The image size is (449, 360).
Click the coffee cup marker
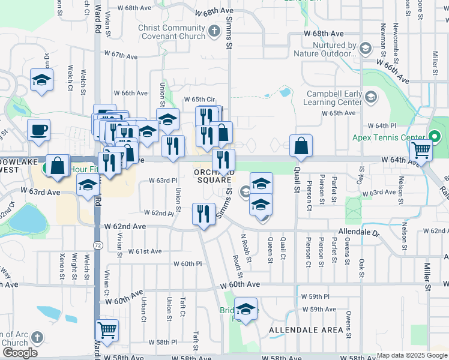[38, 130]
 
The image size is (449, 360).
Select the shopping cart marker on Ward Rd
[107, 329]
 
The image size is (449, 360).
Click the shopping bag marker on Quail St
[301, 146]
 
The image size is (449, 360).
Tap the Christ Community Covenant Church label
[172, 32]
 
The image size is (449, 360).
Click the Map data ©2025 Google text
[412, 355]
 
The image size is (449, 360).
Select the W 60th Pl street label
[188, 263]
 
